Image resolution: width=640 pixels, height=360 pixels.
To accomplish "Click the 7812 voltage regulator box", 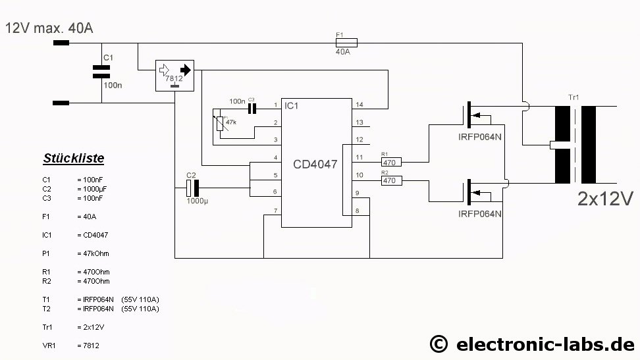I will click(x=175, y=76).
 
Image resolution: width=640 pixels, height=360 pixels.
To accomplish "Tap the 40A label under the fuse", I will click(x=343, y=51).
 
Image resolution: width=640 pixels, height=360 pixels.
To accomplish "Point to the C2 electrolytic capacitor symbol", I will click(x=191, y=188).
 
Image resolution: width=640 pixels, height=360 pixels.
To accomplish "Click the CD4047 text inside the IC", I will click(x=315, y=165).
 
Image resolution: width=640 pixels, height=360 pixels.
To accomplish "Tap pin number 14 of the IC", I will click(x=360, y=105).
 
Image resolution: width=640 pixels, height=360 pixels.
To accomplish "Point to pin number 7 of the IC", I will click(x=275, y=211).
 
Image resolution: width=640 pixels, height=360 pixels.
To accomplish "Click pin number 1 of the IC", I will click(x=275, y=105).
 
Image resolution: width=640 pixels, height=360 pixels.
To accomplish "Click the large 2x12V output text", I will click(x=604, y=199).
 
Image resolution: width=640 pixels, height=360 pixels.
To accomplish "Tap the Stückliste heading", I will click(x=74, y=159).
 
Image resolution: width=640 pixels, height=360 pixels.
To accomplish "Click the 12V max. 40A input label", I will click(x=49, y=28).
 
